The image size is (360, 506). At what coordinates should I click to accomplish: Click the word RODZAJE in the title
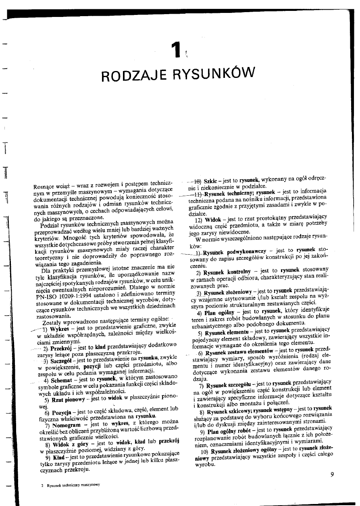click(x=134, y=75)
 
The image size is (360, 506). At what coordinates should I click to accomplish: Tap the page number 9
click(x=332, y=474)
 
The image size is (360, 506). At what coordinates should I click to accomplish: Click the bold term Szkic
click(x=212, y=182)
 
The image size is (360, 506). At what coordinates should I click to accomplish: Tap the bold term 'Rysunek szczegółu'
click(x=230, y=383)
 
